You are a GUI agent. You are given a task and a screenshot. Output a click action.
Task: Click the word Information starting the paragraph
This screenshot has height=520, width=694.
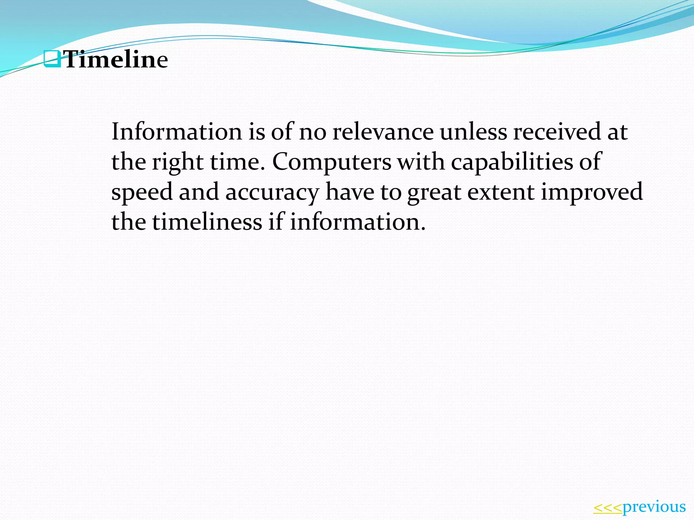pos(177,132)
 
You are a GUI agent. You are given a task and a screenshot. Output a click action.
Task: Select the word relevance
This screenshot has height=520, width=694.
pos(383,132)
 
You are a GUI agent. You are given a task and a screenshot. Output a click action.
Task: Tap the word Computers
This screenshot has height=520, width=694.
pos(332,162)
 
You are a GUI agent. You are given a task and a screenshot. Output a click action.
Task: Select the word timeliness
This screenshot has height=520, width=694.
pos(207,222)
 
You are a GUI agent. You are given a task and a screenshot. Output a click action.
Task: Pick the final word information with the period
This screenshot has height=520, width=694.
pos(358,222)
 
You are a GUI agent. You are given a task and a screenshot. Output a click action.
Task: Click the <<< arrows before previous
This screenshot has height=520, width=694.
pos(608,508)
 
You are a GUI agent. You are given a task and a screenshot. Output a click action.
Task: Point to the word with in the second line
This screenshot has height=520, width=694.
pos(421,162)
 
